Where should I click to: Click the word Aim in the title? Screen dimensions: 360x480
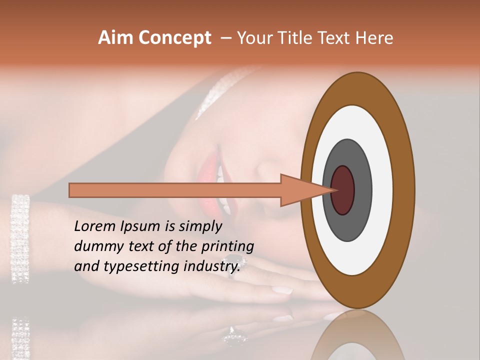tap(116, 38)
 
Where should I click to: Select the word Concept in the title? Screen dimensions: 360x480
tap(174, 38)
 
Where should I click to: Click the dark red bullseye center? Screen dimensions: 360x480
tap(342, 190)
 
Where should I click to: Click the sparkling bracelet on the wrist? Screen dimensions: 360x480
tap(20, 237)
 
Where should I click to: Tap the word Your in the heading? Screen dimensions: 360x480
tap(253, 38)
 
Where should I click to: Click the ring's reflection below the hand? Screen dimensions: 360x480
tap(234, 336)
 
